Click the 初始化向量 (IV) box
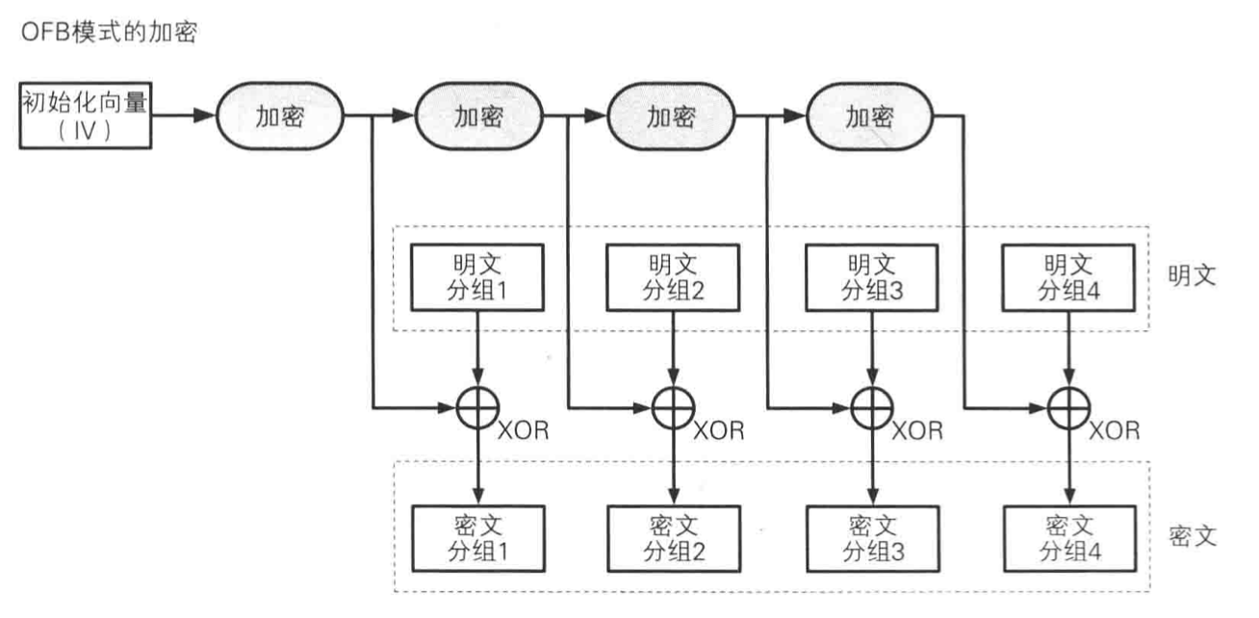85,116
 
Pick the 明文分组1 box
476,277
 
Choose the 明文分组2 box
672,277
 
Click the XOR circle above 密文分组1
476,409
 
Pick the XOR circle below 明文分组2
672,409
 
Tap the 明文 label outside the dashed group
1195,276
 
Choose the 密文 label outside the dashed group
1195,535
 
